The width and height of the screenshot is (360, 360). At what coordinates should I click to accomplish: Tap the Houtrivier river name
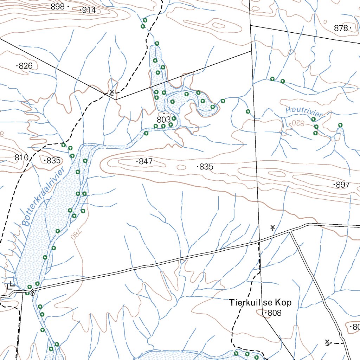pyautogui.click(x=304, y=112)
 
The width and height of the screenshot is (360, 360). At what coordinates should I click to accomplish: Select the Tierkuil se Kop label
pyautogui.click(x=261, y=303)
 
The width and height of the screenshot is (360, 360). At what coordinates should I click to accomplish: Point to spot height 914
pyautogui.click(x=89, y=10)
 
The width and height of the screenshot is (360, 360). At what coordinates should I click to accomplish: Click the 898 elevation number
pyautogui.click(x=58, y=7)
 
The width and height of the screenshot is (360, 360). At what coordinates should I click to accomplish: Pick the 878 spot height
pyautogui.click(x=341, y=28)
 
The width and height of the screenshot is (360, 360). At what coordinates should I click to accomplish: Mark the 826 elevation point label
pyautogui.click(x=26, y=66)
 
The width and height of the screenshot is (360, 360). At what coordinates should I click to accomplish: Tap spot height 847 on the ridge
pyautogui.click(x=146, y=161)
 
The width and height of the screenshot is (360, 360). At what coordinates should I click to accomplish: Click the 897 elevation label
pyautogui.click(x=343, y=185)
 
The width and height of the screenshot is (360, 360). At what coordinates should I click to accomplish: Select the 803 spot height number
pyautogui.click(x=164, y=120)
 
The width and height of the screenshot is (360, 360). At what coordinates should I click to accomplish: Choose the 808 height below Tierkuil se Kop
pyautogui.click(x=275, y=313)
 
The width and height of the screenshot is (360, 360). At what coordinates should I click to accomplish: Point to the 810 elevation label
pyautogui.click(x=21, y=158)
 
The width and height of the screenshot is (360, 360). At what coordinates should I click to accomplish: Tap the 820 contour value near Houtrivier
pyautogui.click(x=297, y=123)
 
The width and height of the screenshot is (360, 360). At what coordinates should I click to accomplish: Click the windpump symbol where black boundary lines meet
pyautogui.click(x=112, y=92)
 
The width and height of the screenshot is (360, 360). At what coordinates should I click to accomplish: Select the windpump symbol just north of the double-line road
pyautogui.click(x=272, y=228)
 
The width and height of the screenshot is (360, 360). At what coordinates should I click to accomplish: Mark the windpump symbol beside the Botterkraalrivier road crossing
pyautogui.click(x=33, y=292)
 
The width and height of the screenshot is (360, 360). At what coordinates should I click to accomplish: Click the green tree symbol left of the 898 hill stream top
pyautogui.click(x=142, y=26)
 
